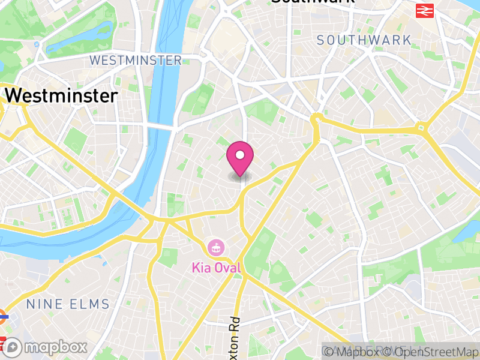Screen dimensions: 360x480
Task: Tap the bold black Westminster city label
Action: (x=61, y=96)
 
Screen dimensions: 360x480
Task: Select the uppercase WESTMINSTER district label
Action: (x=136, y=61)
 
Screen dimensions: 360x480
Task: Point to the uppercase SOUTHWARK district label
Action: (x=364, y=41)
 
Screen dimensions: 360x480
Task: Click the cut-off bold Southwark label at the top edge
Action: (x=312, y=2)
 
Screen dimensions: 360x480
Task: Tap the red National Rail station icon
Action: (x=425, y=10)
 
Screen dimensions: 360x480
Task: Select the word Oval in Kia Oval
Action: (x=229, y=268)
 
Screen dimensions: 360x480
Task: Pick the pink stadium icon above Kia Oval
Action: (x=215, y=247)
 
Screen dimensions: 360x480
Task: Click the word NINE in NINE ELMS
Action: (x=46, y=304)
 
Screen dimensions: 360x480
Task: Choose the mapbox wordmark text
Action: (x=55, y=347)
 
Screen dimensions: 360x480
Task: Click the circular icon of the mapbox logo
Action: (x=13, y=347)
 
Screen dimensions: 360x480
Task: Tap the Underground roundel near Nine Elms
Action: (x=2, y=313)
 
